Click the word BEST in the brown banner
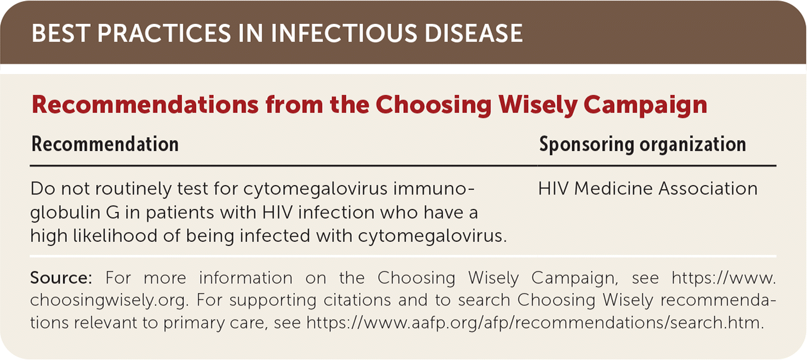click(x=60, y=33)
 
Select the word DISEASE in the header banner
click(x=474, y=33)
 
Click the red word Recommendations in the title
click(x=145, y=104)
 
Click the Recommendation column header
click(x=105, y=144)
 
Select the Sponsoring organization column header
click(x=642, y=144)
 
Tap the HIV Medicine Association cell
click(x=648, y=189)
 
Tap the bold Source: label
click(x=62, y=278)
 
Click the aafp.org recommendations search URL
click(x=535, y=322)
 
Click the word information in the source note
click(x=246, y=278)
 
